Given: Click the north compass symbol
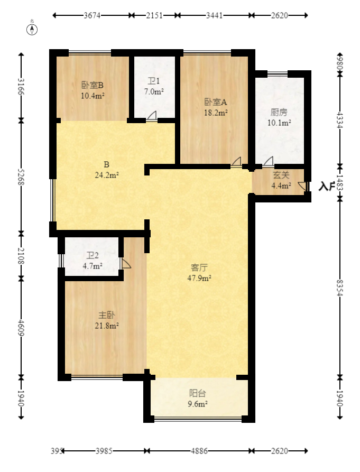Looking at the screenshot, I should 32,29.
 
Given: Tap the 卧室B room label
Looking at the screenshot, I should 93,85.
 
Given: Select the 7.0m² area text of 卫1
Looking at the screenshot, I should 154,91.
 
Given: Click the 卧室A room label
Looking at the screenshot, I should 216,102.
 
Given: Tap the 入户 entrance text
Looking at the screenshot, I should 327,186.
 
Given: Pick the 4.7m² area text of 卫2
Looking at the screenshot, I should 93,266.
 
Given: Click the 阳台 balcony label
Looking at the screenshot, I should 198,393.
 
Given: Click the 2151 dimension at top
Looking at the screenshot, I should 154,16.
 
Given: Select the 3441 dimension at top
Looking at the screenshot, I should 215,16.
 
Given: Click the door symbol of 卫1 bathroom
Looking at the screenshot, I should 152,116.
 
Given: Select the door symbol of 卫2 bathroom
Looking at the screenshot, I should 125,263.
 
